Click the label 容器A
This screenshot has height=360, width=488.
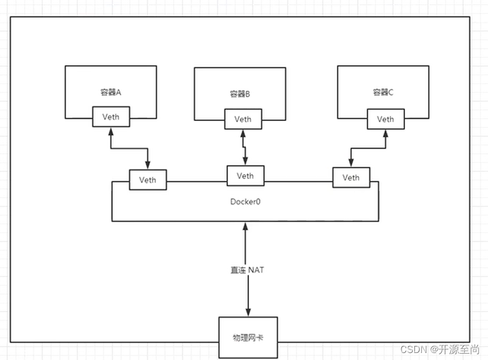pos(110,92)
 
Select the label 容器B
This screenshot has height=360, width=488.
pos(240,94)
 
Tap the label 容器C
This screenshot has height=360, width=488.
pos(383,92)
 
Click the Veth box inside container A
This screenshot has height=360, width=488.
pos(110,116)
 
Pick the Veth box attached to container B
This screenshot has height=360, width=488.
pos(243,119)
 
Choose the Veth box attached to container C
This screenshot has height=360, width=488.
pos(385,119)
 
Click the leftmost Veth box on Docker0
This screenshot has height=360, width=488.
pos(147,180)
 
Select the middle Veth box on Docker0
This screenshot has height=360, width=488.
pos(245,176)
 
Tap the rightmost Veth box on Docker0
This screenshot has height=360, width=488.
pos(351,178)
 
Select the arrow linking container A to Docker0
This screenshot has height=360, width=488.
pos(129,148)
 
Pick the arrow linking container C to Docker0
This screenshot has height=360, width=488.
pos(368,148)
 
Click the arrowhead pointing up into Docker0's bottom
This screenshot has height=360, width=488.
pos(246,227)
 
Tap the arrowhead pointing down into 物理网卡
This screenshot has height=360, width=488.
pos(248,312)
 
